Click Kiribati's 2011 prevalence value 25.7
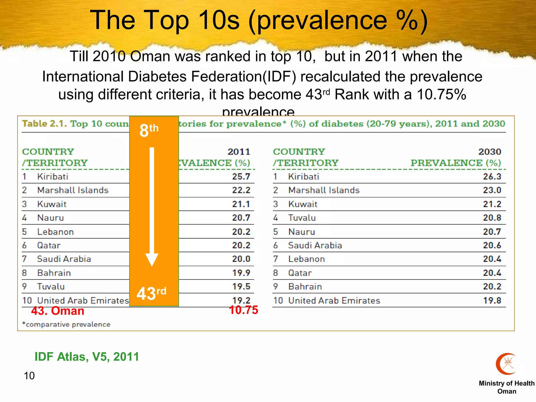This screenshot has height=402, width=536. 241,177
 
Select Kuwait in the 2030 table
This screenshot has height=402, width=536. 303,204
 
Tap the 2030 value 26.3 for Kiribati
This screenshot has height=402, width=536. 492,177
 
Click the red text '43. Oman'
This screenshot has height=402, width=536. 58,311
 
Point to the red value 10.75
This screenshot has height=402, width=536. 243,310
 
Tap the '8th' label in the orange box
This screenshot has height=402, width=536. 149,130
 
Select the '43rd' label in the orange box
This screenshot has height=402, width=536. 151,293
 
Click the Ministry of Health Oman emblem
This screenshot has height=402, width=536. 506,364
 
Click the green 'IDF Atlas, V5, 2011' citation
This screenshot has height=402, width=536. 87,357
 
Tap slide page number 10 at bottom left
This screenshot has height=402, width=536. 29,376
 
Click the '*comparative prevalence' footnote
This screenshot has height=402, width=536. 66,325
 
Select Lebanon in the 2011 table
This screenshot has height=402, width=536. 55,232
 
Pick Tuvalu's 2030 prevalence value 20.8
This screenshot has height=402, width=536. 492,218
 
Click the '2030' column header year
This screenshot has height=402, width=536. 490,152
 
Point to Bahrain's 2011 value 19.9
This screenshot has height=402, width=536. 241,273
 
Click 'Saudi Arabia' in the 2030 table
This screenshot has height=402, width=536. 315,245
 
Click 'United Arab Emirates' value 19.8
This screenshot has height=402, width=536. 492,300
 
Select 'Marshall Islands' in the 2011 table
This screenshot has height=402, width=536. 73,190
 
